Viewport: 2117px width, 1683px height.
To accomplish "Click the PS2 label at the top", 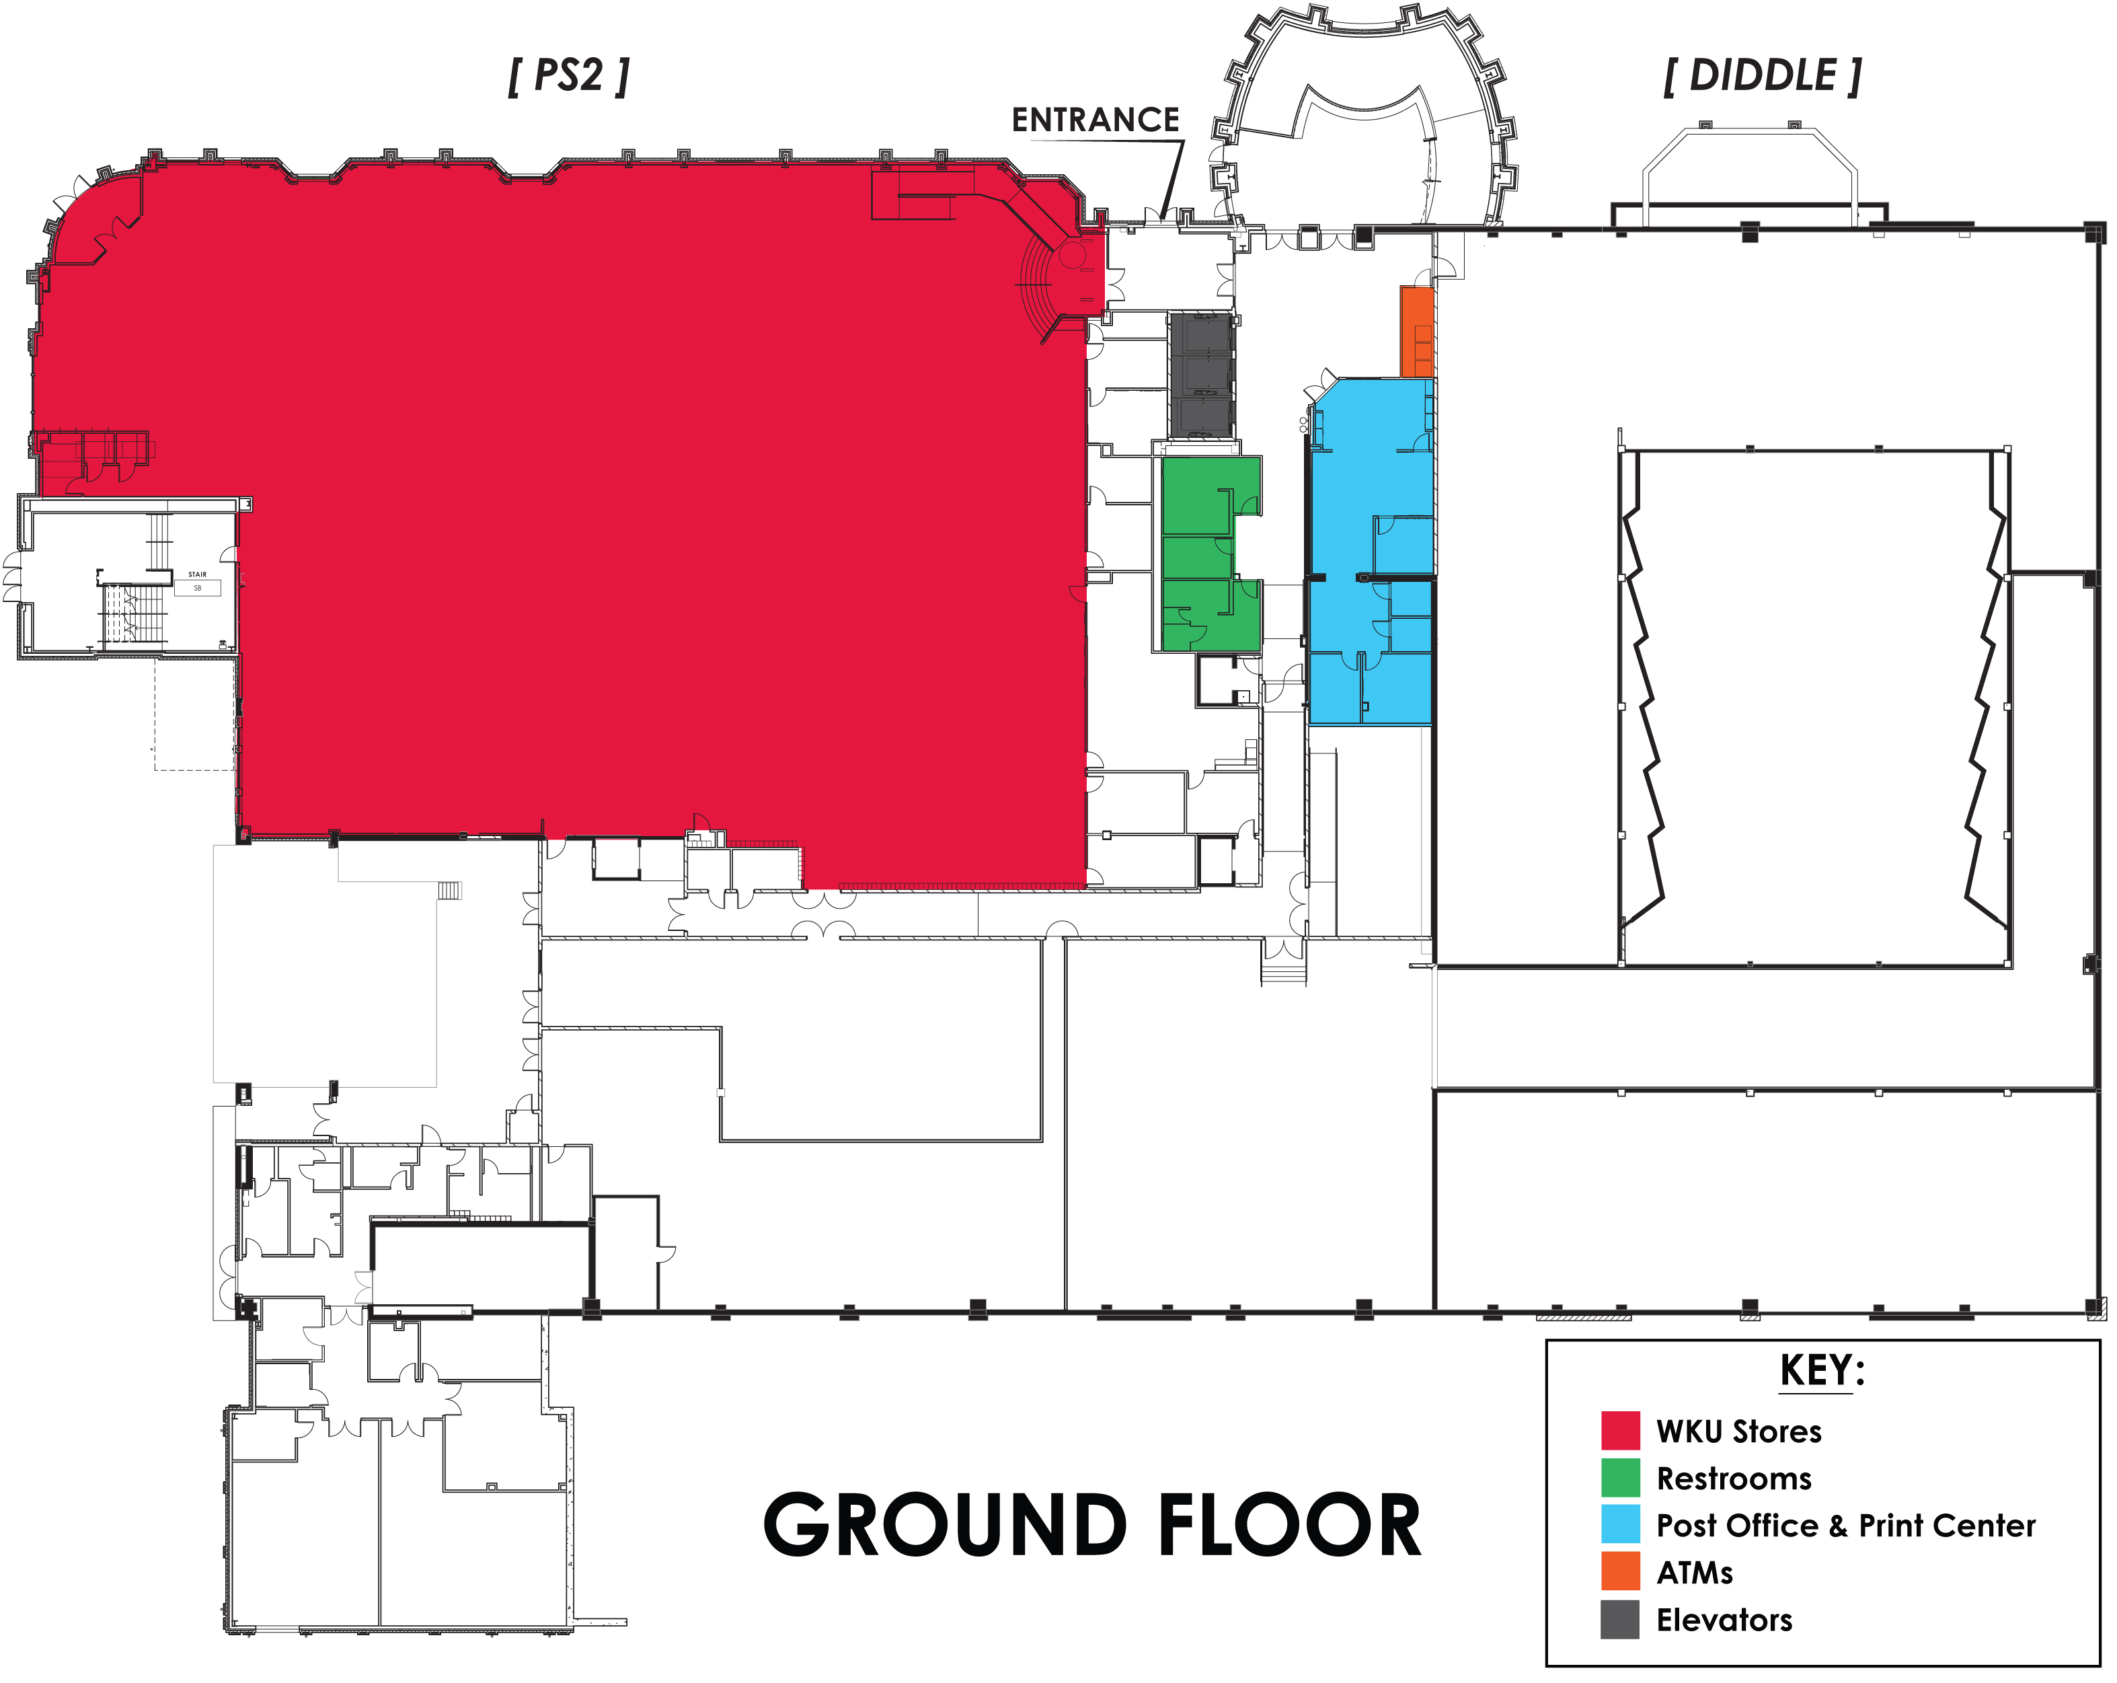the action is click(x=568, y=75).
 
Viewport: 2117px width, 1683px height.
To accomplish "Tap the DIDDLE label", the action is click(x=1763, y=75).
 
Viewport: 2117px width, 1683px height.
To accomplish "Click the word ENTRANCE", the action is click(x=1095, y=120).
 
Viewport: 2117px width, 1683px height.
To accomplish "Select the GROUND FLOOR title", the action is click(x=1092, y=1526).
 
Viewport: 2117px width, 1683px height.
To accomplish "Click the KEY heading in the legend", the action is click(x=1822, y=1371).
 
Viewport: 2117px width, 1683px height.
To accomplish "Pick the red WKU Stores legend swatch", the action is click(x=1620, y=1431).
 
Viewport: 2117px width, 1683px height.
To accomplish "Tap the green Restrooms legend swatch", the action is click(x=1620, y=1478).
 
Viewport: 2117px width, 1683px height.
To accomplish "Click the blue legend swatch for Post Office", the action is click(x=1620, y=1525).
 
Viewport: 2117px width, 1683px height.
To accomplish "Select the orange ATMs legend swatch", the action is click(x=1620, y=1571).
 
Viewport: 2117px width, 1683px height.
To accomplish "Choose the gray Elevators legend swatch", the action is click(x=1620, y=1619).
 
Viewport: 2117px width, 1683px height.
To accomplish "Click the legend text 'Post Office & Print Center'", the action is click(x=1846, y=1526).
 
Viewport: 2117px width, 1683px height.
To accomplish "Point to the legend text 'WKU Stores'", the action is click(x=1739, y=1431).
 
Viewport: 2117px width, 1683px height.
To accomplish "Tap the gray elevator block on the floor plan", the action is click(x=1202, y=375).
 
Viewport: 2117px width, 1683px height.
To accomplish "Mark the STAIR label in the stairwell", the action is click(x=197, y=574).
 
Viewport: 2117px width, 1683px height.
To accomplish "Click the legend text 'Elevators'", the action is click(x=1724, y=1620).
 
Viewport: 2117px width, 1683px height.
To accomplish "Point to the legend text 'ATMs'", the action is click(x=1695, y=1573).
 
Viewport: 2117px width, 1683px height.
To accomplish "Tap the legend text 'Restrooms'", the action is click(x=1734, y=1479).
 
